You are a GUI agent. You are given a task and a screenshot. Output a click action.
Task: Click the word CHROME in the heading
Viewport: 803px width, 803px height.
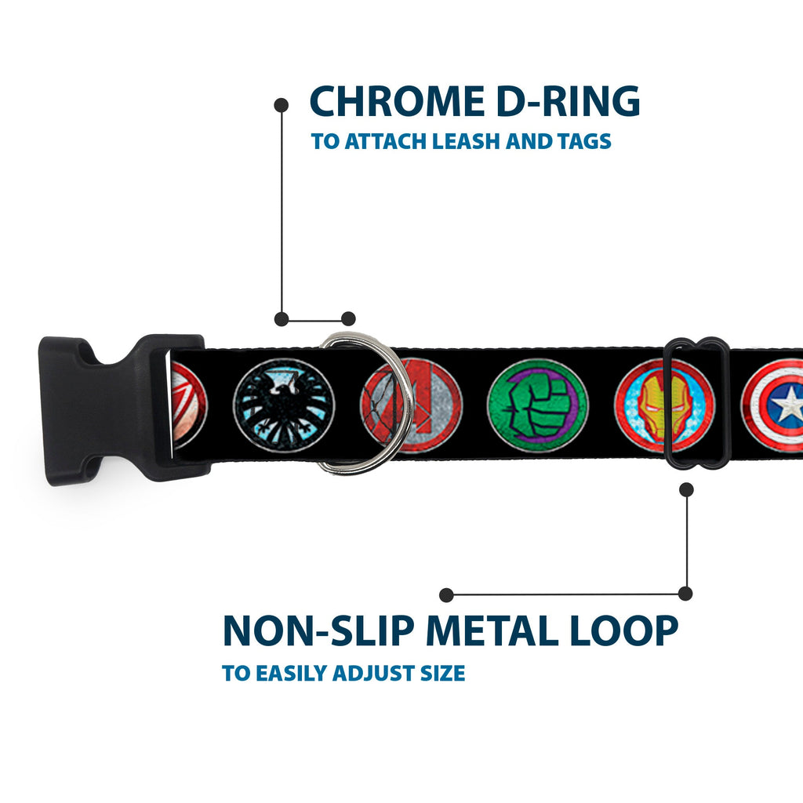click(397, 101)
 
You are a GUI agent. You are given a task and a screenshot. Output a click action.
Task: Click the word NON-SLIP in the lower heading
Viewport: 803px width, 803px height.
click(318, 630)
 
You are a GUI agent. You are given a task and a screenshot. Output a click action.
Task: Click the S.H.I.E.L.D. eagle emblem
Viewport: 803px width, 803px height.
click(284, 405)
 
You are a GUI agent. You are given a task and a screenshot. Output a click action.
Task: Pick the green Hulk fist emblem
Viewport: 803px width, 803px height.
click(538, 405)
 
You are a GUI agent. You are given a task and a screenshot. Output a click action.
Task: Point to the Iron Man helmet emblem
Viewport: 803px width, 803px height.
click(664, 405)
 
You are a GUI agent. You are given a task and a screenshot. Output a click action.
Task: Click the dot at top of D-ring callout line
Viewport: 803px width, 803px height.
click(282, 106)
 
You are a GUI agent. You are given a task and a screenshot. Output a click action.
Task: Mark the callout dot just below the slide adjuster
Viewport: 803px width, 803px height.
click(686, 489)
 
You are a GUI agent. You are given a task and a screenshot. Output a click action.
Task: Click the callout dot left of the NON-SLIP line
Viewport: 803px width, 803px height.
click(446, 594)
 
